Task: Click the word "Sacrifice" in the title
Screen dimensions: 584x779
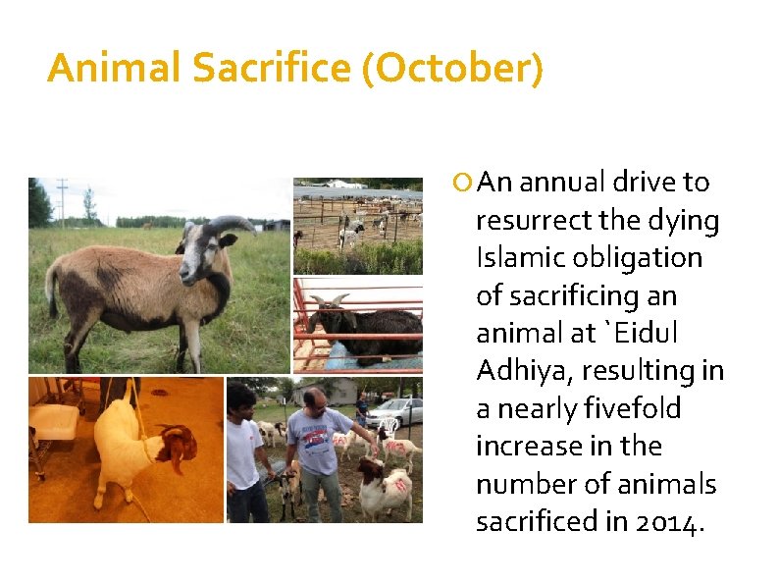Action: (x=272, y=69)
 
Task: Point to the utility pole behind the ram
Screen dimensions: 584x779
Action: (x=63, y=200)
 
